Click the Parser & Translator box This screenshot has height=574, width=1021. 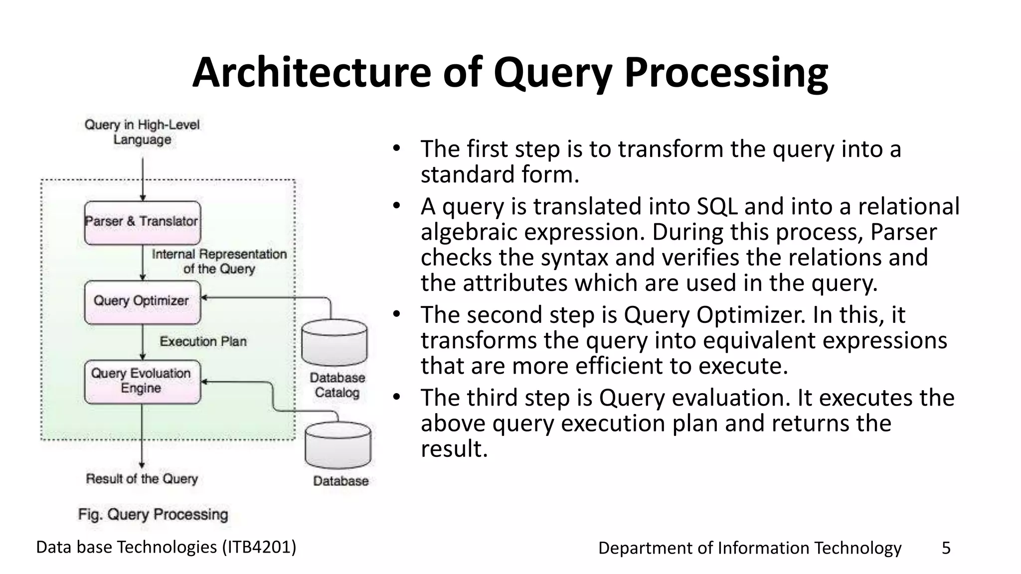[142, 222]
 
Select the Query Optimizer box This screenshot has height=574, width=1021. [142, 302]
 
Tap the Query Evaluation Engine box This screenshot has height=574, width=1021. [142, 381]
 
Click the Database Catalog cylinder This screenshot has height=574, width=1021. [335, 343]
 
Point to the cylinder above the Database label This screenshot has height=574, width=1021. [338, 445]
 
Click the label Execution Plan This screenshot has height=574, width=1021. [203, 341]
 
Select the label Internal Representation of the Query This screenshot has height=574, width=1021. [219, 262]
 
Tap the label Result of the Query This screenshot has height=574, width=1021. [142, 479]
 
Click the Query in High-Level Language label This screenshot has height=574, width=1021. [142, 132]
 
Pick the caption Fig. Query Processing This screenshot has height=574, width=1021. [153, 514]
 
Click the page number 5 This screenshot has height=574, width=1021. [946, 548]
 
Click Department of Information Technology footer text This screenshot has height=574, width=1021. [749, 548]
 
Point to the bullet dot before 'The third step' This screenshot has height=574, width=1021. [396, 397]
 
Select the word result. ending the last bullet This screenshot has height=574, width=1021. [454, 449]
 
